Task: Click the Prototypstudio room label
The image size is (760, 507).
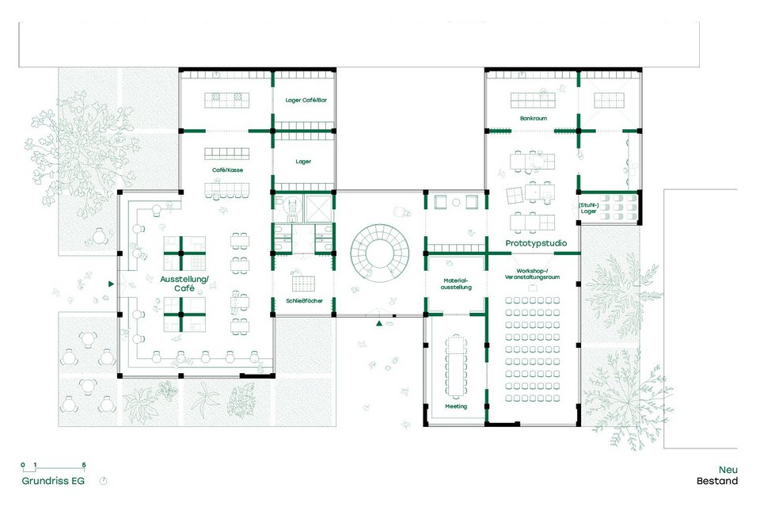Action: tap(536, 243)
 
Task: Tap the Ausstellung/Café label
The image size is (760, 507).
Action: tap(184, 284)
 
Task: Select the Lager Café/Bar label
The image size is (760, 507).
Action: tap(306, 100)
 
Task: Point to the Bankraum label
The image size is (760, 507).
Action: tap(533, 118)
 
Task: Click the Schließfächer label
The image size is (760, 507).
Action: tap(304, 301)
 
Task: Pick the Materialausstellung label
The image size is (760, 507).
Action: tap(456, 284)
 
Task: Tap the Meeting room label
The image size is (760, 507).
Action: tap(456, 406)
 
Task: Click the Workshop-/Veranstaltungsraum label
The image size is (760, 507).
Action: tap(532, 274)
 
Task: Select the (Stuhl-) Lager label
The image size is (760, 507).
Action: tap(588, 208)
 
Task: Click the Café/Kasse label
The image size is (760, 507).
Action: tap(227, 170)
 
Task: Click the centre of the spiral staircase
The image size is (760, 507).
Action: tap(380, 252)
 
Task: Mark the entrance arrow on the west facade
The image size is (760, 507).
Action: tap(111, 284)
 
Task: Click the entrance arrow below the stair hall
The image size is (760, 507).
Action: tap(379, 323)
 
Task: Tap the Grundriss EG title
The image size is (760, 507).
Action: tap(53, 481)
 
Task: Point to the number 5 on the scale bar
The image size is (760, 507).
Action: tap(84, 465)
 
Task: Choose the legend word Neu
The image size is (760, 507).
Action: tap(728, 470)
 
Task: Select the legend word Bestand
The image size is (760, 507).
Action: tap(717, 481)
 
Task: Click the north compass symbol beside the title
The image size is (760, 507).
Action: tap(103, 481)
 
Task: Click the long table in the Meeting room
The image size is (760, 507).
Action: tap(456, 365)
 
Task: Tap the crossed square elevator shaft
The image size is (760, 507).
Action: tap(318, 208)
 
